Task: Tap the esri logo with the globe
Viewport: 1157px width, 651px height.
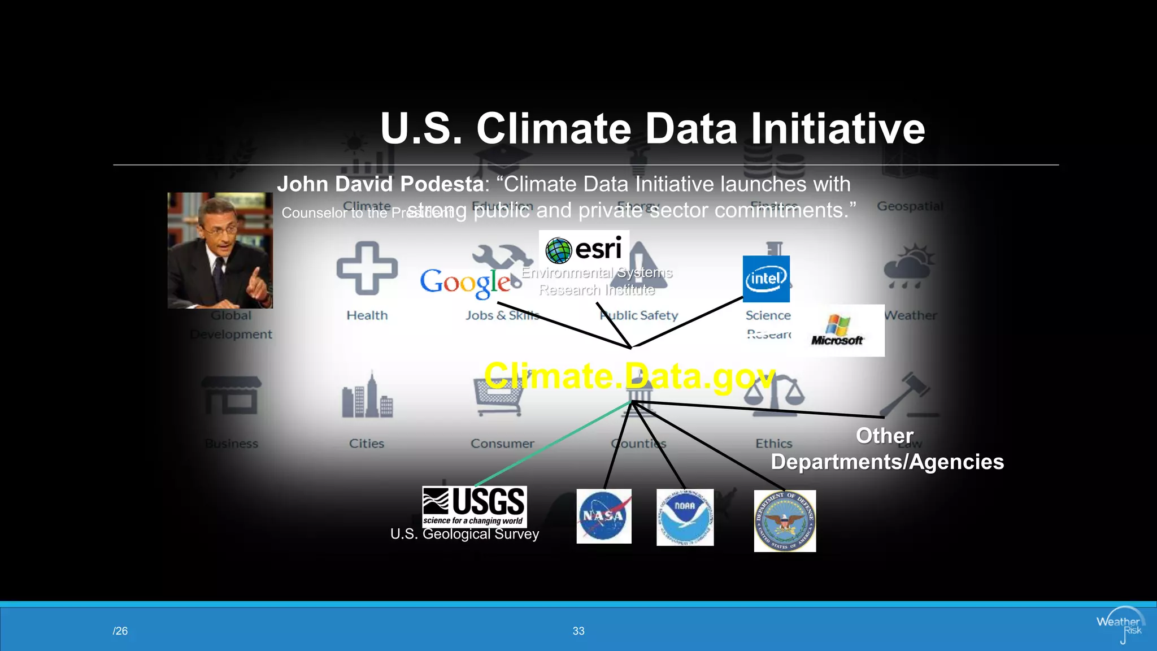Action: [x=584, y=249]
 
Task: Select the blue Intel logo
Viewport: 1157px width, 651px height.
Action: [x=766, y=279]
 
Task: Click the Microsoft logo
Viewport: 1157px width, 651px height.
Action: [x=837, y=331]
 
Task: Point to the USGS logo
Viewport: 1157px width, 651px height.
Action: [x=475, y=506]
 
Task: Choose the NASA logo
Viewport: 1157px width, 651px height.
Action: [x=604, y=516]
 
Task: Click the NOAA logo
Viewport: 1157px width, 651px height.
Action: [x=685, y=517]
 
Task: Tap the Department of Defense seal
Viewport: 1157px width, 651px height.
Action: [x=785, y=521]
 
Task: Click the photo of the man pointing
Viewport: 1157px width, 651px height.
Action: [x=220, y=250]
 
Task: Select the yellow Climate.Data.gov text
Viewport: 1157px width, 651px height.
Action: [x=629, y=376]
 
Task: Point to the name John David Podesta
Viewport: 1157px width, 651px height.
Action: [x=380, y=184]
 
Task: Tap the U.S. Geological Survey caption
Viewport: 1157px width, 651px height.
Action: [x=464, y=534]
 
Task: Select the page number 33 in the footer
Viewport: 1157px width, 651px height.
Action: [x=578, y=631]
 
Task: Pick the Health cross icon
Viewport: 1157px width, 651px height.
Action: [x=367, y=268]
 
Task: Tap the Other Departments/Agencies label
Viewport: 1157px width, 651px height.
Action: [x=887, y=449]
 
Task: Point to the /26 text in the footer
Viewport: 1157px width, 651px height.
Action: [x=120, y=631]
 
